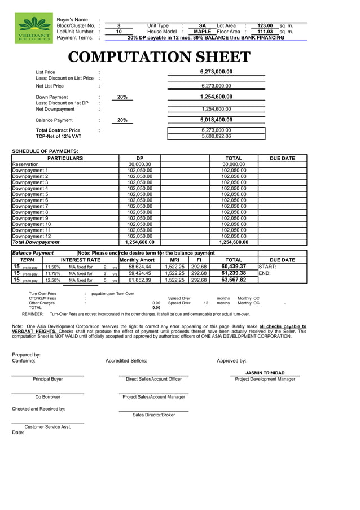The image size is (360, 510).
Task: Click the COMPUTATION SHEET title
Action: click(x=159, y=57)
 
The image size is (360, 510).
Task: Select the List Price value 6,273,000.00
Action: click(x=216, y=72)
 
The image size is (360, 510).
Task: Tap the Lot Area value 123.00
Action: click(x=265, y=25)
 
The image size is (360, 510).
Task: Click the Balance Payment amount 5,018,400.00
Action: click(x=216, y=120)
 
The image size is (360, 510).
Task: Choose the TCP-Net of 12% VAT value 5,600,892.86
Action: click(x=216, y=136)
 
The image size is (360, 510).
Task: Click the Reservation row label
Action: click(x=25, y=164)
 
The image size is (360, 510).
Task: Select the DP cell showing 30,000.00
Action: click(x=139, y=164)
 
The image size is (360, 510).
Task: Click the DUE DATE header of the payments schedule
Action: click(x=283, y=158)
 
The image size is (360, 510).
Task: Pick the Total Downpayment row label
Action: click(x=36, y=242)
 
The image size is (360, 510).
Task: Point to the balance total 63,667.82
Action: click(x=234, y=280)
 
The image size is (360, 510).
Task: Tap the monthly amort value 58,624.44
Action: click(x=139, y=267)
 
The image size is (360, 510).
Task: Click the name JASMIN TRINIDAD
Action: click(x=265, y=373)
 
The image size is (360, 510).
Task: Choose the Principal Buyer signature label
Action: click(x=48, y=379)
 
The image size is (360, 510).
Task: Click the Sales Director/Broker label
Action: click(x=153, y=415)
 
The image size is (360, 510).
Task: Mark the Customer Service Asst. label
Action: click(x=48, y=426)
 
